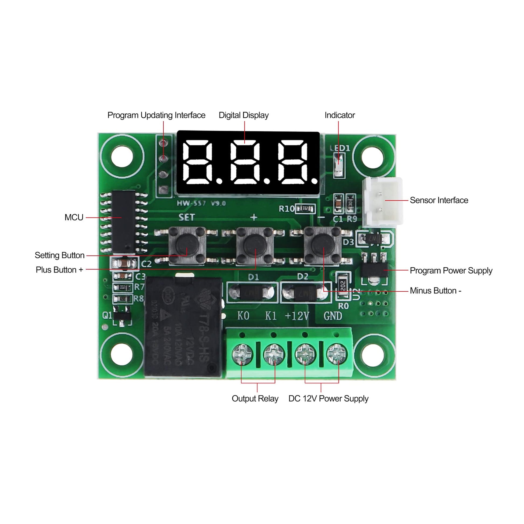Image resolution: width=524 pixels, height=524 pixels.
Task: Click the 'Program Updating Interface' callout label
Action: coord(156,115)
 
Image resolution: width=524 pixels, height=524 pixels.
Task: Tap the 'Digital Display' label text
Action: coord(244,115)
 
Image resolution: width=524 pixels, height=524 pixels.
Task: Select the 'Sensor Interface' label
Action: coord(439,200)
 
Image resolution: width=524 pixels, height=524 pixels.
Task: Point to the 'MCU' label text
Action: coord(74,218)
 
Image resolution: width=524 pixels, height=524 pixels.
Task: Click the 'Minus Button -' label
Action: coord(435,291)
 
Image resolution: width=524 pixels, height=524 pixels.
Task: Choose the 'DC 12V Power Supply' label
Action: coord(328,399)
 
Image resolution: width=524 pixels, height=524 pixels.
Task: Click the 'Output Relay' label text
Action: coord(255,399)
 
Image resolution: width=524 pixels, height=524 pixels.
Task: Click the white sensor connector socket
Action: coord(382,201)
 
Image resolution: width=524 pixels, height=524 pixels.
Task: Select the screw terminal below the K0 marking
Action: coord(242,354)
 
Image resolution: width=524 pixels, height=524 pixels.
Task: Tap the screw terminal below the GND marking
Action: coord(337,354)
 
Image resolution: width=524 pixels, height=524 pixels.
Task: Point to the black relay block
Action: coord(183,327)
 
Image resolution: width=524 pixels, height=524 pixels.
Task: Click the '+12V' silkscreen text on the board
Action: coord(297,316)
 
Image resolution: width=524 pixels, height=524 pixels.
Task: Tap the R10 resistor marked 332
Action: coord(305,209)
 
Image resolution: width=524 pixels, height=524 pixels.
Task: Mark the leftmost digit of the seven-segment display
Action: coord(197,162)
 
